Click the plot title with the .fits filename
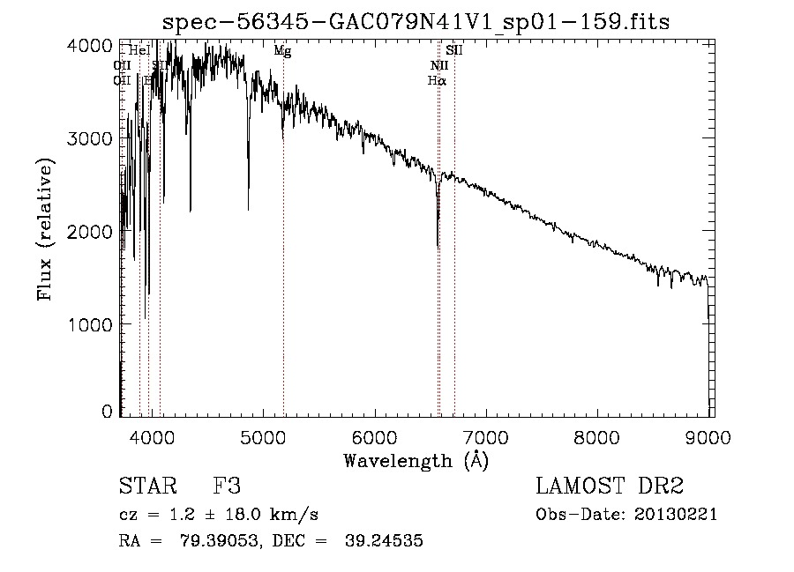[416, 21]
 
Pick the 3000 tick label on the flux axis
[91, 138]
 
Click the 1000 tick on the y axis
[91, 324]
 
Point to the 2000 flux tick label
[91, 232]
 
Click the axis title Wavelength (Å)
[416, 460]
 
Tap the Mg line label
[282, 51]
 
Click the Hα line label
[437, 80]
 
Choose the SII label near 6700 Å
[454, 51]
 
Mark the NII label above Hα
[438, 66]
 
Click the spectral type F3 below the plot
[227, 487]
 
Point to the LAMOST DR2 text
[609, 487]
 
